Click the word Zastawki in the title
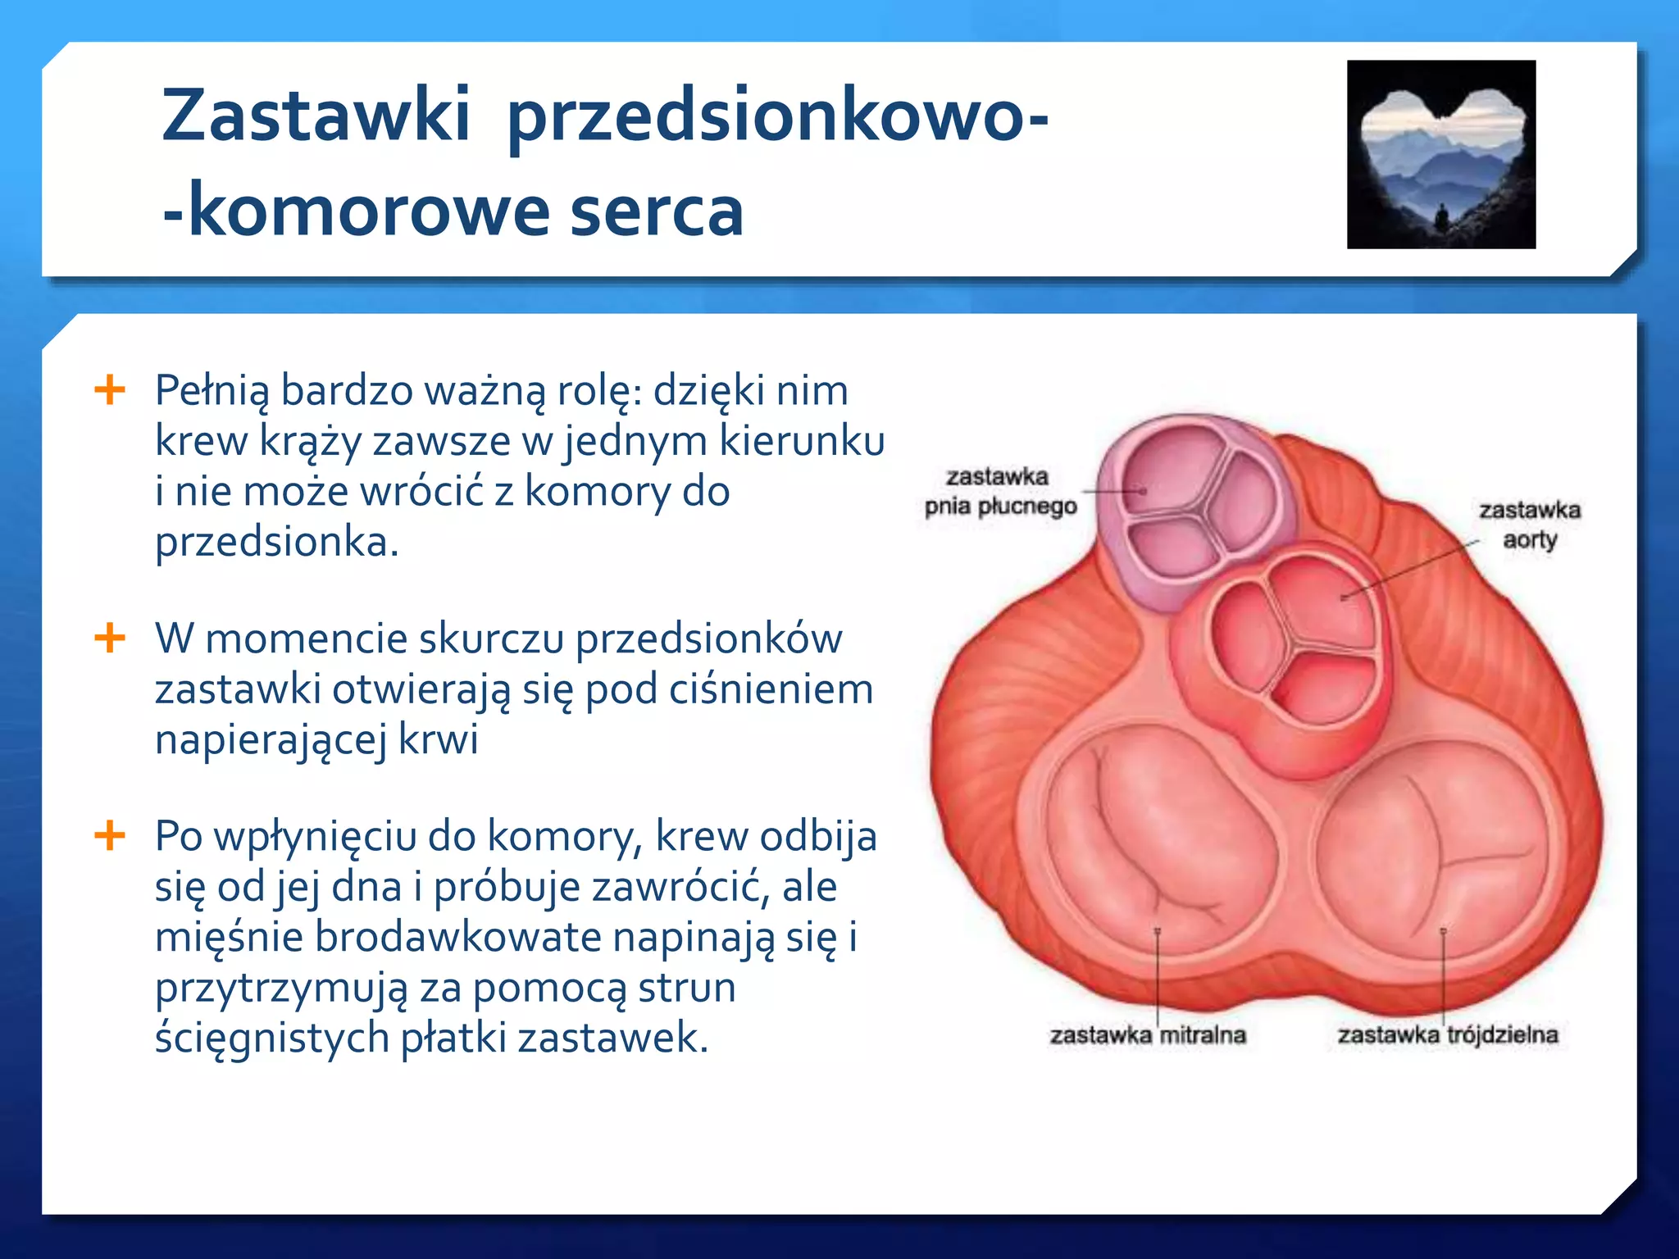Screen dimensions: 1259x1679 pos(316,115)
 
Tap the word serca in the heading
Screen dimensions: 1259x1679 pos(656,211)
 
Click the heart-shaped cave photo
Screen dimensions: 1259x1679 pos(1440,154)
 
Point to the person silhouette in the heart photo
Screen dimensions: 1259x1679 pos(1440,217)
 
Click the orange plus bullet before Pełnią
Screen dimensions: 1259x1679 pos(110,389)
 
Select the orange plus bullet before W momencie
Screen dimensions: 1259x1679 pos(110,638)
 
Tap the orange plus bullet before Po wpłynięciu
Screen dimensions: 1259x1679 pos(110,836)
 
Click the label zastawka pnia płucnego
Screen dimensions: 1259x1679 pos(999,491)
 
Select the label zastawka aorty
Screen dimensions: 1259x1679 pos(1529,525)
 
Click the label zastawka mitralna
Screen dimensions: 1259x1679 pos(1148,1035)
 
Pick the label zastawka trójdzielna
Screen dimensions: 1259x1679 pos(1448,1035)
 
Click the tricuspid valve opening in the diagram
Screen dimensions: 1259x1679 pos(1435,852)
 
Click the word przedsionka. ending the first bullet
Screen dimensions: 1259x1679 pos(277,542)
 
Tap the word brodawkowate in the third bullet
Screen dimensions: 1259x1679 pos(458,937)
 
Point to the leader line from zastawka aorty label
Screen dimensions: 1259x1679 pos(1410,570)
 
